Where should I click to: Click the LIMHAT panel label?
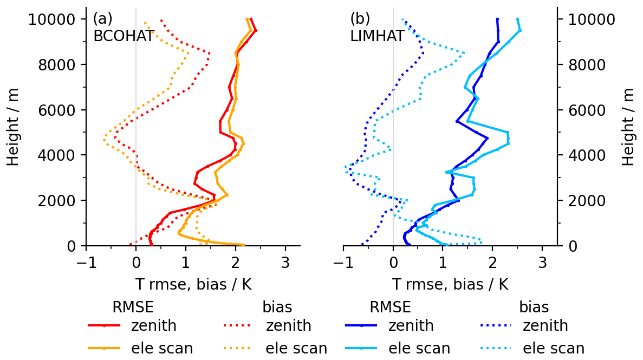click(377, 36)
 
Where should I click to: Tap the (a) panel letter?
click(102, 18)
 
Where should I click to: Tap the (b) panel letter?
click(360, 18)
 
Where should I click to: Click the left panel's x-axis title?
click(193, 284)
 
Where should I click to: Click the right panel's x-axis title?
click(450, 284)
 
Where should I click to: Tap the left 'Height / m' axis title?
click(14, 127)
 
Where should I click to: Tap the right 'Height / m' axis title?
click(628, 127)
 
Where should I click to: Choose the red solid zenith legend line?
click(103, 326)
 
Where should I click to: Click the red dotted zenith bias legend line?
click(238, 326)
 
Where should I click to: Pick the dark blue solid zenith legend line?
click(361, 326)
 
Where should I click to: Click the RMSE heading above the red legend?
click(133, 307)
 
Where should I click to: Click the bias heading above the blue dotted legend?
click(534, 307)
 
